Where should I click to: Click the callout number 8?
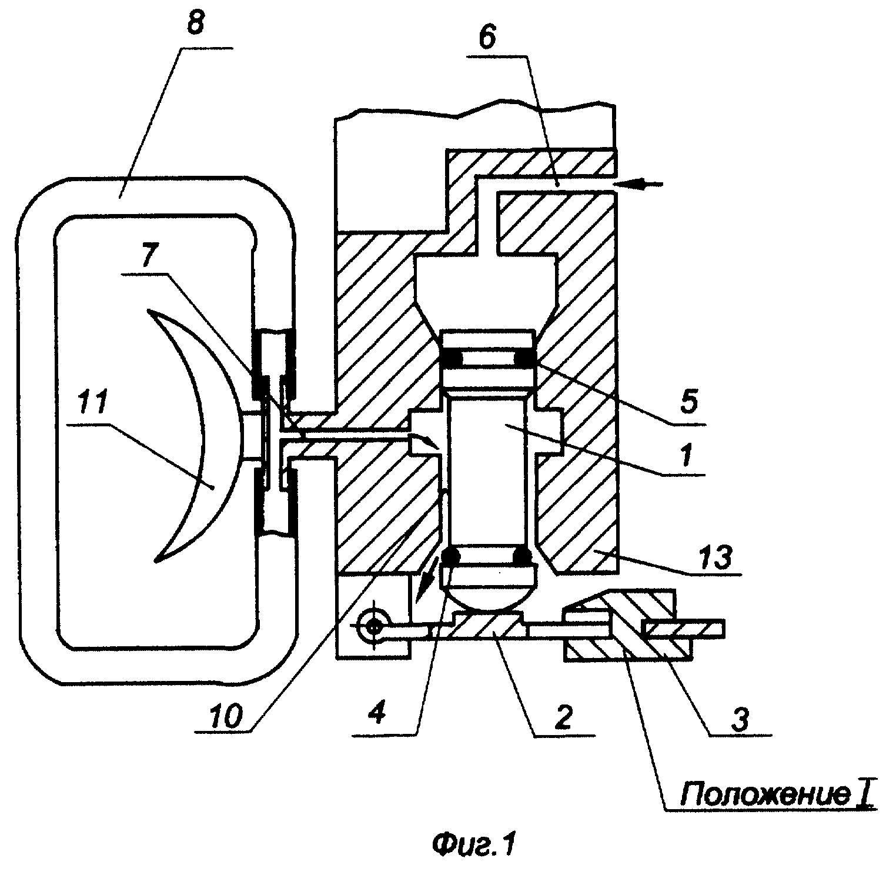(x=195, y=25)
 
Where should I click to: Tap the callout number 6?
(x=487, y=37)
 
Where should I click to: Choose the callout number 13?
(x=715, y=557)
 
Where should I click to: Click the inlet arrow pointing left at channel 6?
(x=638, y=185)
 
